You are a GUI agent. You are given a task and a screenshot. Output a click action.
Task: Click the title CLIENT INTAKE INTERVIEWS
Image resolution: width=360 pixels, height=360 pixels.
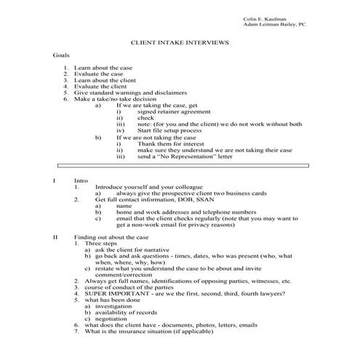coord(179,44)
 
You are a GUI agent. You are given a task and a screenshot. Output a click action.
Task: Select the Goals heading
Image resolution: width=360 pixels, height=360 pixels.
coord(63,56)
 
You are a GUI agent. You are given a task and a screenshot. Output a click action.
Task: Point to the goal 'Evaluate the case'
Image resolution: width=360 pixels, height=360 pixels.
coord(97,74)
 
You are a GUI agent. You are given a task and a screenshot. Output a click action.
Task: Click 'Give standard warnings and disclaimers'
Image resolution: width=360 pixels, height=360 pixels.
coord(130,92)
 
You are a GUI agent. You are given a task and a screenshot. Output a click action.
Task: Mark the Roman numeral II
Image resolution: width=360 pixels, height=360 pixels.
coord(55,237)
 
